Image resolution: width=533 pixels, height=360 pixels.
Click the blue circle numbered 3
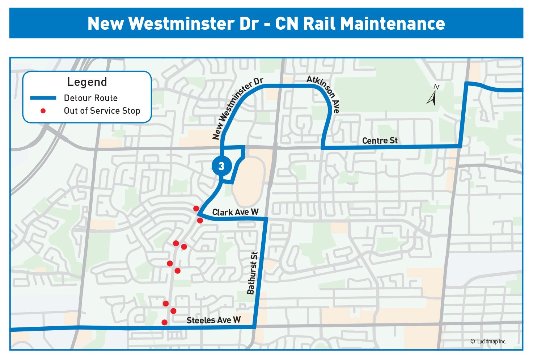click(221, 166)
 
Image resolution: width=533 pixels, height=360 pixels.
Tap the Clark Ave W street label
click(235, 212)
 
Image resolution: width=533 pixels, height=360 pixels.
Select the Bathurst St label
click(252, 273)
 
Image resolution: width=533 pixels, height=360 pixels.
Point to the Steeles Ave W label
click(213, 320)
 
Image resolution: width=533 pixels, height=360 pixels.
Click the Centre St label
click(380, 141)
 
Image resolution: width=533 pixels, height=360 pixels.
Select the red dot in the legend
click(43, 111)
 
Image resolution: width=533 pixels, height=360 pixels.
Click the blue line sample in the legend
click(43, 98)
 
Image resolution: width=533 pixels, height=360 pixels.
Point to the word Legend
click(87, 82)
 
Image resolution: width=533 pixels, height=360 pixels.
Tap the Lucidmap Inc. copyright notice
click(488, 342)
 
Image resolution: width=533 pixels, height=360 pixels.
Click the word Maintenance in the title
click(393, 24)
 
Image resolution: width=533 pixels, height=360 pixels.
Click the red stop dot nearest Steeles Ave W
click(165, 322)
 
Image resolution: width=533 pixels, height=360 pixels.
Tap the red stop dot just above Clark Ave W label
click(196, 208)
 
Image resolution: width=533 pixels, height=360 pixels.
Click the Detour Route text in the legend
click(91, 98)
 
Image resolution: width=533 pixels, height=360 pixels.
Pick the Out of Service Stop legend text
click(102, 111)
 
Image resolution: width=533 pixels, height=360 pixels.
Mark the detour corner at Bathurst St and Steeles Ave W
click(255, 327)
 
